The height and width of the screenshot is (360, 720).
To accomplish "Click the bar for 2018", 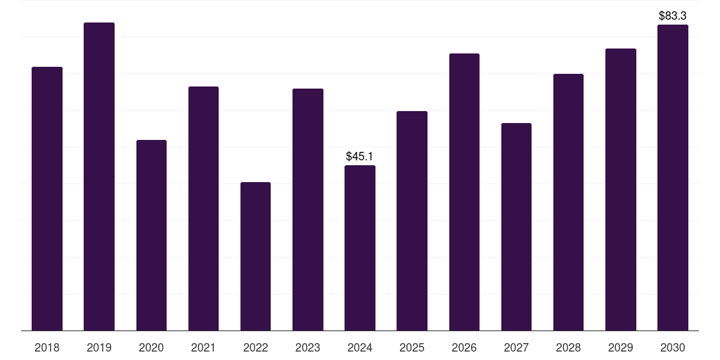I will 47,198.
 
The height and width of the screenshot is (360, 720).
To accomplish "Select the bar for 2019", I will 99,176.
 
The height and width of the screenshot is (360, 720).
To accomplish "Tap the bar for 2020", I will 151,235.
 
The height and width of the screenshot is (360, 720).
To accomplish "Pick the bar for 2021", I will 203,208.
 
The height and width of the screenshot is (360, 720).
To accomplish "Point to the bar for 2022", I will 255,256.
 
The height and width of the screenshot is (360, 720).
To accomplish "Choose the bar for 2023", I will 308,210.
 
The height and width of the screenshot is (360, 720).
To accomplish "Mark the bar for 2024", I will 360,247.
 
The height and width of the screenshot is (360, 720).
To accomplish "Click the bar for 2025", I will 412,221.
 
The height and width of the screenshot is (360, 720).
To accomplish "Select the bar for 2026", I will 464,192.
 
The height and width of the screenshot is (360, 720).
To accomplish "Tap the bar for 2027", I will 516,226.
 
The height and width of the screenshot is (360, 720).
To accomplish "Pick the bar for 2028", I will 568,202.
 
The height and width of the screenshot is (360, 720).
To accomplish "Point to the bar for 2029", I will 621,189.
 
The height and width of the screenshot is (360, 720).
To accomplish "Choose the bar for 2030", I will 673,177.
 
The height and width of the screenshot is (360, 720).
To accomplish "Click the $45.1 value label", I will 360,157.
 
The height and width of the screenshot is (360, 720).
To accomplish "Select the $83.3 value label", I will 673,15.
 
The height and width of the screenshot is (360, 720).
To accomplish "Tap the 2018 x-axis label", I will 47,347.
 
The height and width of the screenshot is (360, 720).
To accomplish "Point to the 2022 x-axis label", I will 255,347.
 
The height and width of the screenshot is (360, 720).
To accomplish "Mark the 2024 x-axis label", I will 360,347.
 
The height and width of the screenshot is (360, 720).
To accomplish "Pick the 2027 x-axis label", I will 516,347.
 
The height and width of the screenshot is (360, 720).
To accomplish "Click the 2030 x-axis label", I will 673,347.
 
